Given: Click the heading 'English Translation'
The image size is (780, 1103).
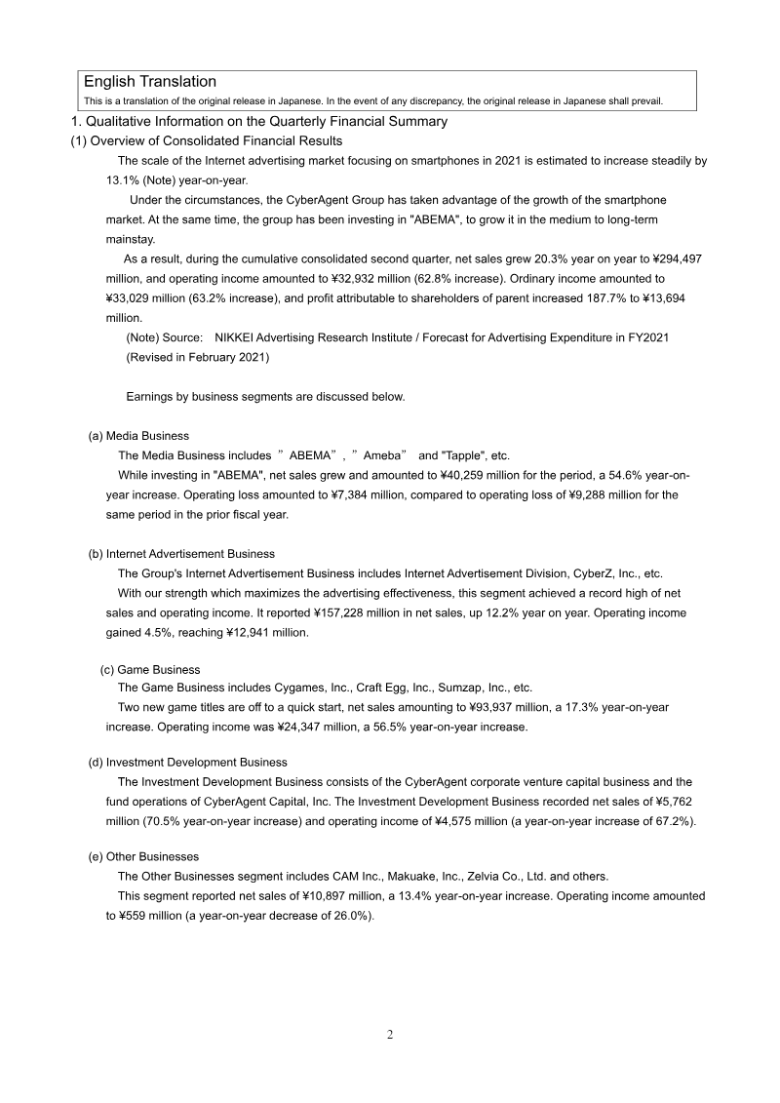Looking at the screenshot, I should pos(149,82).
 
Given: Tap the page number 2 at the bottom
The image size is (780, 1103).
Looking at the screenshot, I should pos(390,1035).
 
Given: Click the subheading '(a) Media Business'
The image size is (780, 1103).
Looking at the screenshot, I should pos(138,436).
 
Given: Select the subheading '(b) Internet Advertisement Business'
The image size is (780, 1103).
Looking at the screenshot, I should pos(181,554).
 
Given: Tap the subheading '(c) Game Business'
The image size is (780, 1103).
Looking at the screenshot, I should pos(150,670).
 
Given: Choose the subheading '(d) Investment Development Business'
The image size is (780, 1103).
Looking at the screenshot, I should pos(187,762).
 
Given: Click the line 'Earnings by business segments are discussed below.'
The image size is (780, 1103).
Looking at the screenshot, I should pos(265,397).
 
